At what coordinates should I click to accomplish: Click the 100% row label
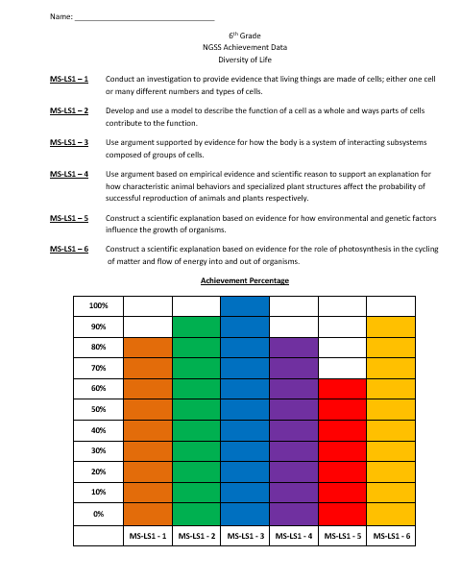[x=99, y=305]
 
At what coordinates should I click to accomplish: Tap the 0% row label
[x=99, y=514]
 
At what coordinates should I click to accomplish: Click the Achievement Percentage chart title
[x=244, y=280]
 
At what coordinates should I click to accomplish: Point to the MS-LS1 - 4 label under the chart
[x=293, y=536]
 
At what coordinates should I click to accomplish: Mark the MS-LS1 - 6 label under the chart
[x=391, y=536]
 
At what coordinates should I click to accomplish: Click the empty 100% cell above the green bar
[x=196, y=305]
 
